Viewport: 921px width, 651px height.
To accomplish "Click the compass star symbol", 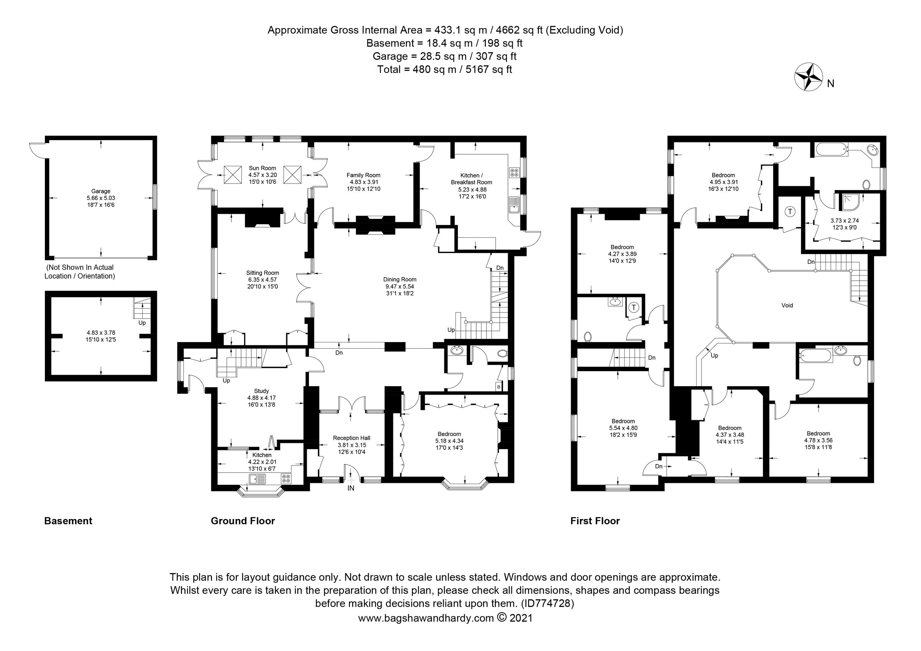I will tap(809, 83).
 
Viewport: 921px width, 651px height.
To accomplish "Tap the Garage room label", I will tap(101, 191).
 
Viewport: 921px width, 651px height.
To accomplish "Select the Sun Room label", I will tap(262, 168).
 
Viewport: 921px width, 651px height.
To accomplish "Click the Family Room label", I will tap(363, 175).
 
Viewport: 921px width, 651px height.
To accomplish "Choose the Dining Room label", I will tap(399, 279).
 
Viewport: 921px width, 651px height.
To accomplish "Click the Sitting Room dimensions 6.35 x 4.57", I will tap(262, 279).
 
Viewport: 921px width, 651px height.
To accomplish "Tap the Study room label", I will tap(262, 391).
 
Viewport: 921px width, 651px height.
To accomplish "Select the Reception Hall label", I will tap(352, 438).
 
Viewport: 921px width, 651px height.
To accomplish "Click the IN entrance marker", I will tap(351, 488).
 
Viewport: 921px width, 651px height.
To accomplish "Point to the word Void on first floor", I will tap(787, 305).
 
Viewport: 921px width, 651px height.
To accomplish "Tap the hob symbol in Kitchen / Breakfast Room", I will tap(514, 172).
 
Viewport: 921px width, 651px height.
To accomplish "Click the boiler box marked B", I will tap(498, 387).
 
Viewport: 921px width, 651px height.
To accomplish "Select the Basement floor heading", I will tap(68, 521).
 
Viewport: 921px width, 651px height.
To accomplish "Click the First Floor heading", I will tap(595, 521).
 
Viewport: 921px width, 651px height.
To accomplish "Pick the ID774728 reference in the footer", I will tap(547, 603).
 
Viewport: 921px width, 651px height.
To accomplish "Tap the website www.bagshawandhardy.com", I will tap(426, 618).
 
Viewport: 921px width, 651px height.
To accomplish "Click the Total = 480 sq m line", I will tap(444, 69).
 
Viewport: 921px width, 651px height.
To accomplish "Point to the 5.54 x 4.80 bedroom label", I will tap(623, 428).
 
